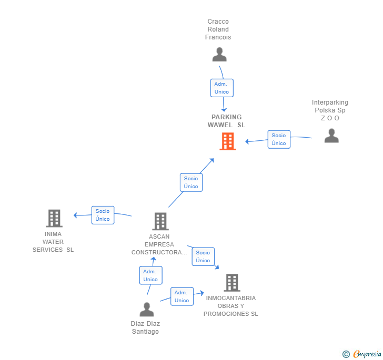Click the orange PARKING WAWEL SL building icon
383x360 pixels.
pos(227,141)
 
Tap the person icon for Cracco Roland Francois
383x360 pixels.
pos(219,55)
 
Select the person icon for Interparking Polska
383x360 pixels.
pos(331,136)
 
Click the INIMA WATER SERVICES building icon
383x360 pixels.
pos(54,218)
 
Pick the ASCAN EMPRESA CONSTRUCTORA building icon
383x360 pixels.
pos(160,221)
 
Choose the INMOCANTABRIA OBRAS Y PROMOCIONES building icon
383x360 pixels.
pos(231,283)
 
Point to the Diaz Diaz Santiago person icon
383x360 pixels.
pos(147,310)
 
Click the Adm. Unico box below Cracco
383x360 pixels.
pos(221,88)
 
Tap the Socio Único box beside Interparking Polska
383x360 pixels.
pos(279,139)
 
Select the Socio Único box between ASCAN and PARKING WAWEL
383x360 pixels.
pos(191,182)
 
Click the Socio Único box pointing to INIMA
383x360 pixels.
pos(103,215)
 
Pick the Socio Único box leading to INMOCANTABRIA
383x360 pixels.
pos(203,256)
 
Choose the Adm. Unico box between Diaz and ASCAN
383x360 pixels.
pos(150,275)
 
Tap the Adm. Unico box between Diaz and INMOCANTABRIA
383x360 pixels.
pos(182,296)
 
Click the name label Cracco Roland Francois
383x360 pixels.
pos(218,29)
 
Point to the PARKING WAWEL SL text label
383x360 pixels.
pos(227,121)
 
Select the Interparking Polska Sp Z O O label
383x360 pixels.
pos(330,110)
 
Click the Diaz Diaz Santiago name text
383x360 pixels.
pos(145,327)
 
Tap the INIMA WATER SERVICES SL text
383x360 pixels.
pos(53,242)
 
